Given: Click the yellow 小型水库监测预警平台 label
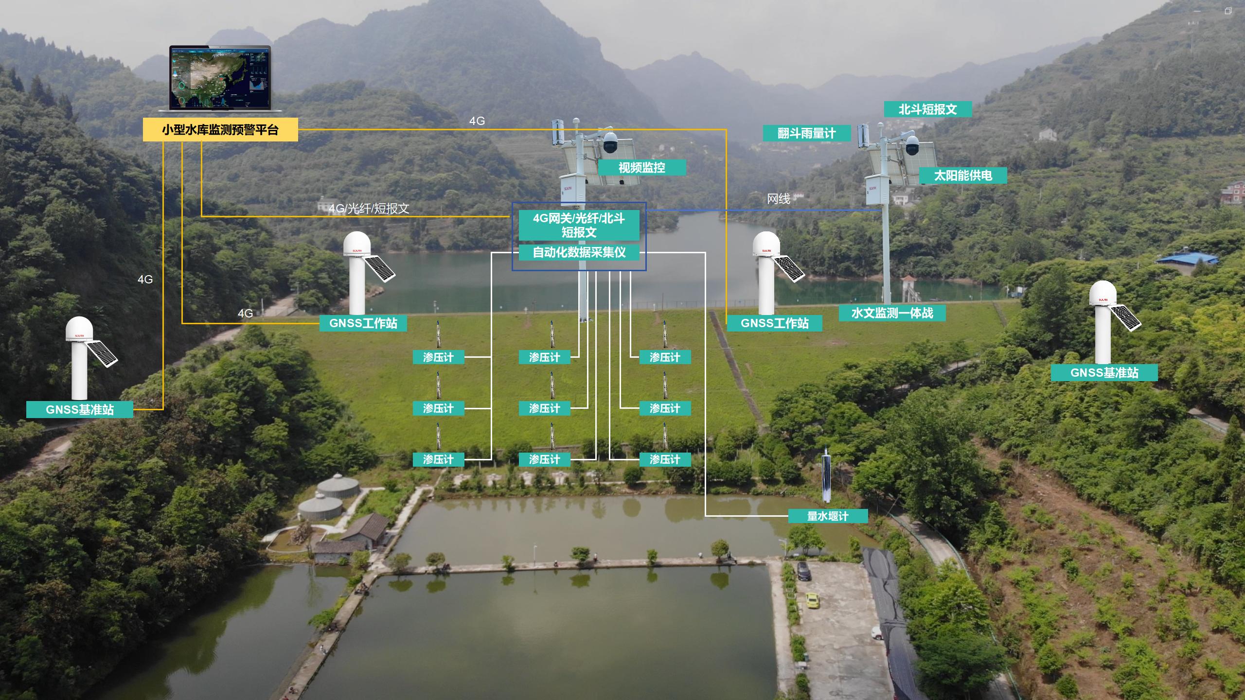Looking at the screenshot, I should tap(220, 130).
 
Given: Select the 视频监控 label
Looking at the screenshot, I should tap(641, 168).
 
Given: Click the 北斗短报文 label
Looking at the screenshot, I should tap(927, 109).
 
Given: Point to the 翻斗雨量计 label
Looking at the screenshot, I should tap(806, 133).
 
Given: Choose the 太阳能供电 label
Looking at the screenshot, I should tap(962, 175).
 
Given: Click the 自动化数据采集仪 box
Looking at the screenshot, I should tap(579, 252).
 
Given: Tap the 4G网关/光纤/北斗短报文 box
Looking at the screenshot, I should tap(579, 225).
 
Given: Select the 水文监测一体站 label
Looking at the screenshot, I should tap(892, 313).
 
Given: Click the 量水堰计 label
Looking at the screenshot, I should tap(827, 516).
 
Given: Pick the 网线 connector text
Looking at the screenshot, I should tap(778, 199).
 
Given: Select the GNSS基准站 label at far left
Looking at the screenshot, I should tap(79, 409).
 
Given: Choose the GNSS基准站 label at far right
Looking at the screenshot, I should tap(1104, 373).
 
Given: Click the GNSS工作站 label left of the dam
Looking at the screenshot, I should tap(363, 323).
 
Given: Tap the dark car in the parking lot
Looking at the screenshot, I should tap(803, 571).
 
